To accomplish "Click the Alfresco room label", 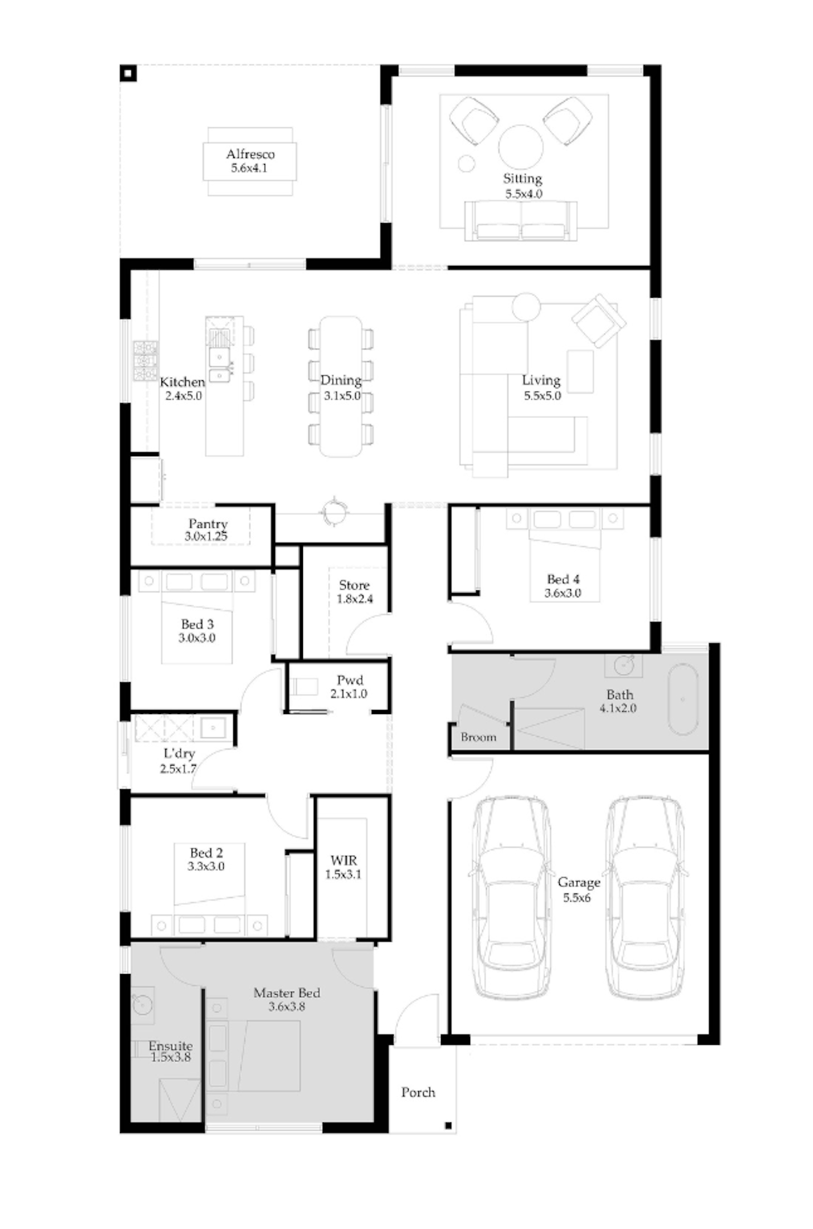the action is coord(250,154).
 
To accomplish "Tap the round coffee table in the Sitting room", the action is coord(520,147).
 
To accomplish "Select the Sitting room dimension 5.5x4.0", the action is coord(523,194).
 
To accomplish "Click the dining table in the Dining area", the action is coord(341,386).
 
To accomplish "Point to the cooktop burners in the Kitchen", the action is coord(145,360).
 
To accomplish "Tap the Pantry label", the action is coord(208,524).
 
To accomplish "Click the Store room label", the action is coord(354,585).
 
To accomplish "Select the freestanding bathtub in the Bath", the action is coord(682,699).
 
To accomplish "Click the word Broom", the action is coord(478,737).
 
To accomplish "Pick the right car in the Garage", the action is coord(645,897).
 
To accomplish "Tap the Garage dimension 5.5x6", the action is coord(577,898).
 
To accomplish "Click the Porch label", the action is coord(418,1092).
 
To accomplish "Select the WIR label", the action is coord(343,860).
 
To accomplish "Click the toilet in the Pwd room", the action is coord(304,686).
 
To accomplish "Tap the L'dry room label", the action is coord(179,753).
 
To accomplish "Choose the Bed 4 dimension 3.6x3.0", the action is coord(563,593).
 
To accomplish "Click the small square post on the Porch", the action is coord(448,1126).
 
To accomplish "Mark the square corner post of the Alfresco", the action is coord(128,73).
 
